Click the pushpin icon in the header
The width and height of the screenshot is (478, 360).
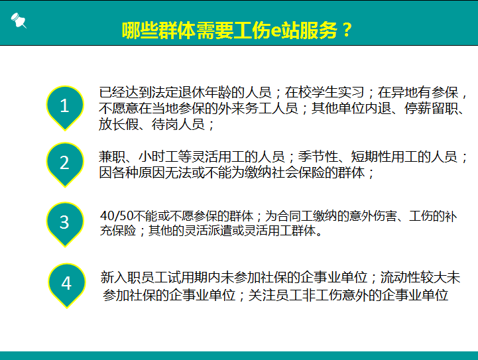pyautogui.click(x=19, y=21)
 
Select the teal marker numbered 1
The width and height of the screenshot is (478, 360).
pyautogui.click(x=64, y=106)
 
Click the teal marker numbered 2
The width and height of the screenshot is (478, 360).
pyautogui.click(x=64, y=162)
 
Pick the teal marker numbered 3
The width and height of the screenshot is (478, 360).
pyautogui.click(x=64, y=221)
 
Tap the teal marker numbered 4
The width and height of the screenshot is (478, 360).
pyautogui.click(x=66, y=284)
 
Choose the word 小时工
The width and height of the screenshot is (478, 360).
pyautogui.click(x=161, y=157)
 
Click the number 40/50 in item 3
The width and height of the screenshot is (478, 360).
pyautogui.click(x=113, y=217)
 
